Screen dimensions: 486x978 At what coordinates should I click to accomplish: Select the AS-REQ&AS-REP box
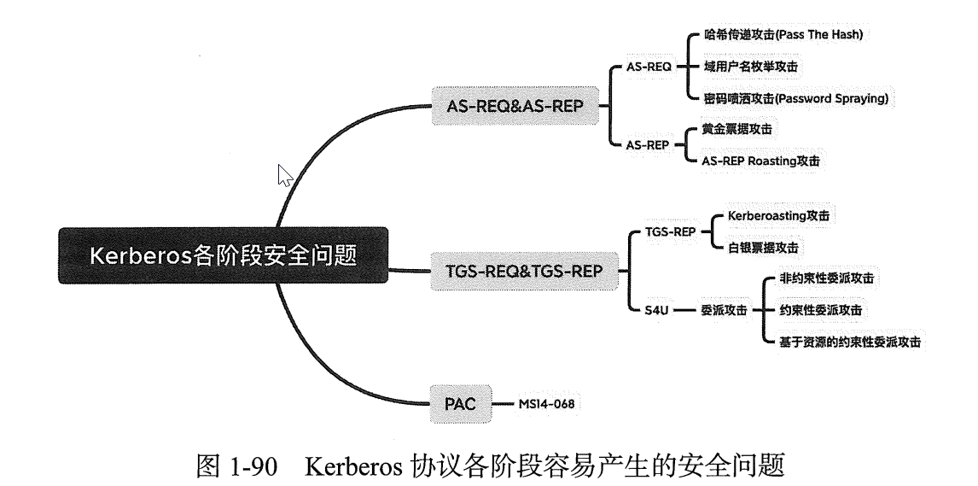point(515,105)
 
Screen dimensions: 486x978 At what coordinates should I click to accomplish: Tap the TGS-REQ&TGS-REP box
point(524,271)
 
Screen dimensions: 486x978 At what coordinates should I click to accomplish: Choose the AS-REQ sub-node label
point(650,65)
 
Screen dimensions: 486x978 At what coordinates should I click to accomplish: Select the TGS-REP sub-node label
point(672,231)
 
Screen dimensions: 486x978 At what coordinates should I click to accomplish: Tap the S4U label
point(655,310)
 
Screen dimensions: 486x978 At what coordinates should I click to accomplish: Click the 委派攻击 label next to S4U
point(724,310)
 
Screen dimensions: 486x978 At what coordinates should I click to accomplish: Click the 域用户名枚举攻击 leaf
point(751,66)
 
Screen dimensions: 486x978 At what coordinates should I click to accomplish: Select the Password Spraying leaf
point(795,98)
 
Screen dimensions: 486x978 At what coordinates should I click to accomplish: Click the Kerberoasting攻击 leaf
point(777,216)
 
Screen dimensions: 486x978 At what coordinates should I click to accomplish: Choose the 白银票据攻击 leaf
point(762,247)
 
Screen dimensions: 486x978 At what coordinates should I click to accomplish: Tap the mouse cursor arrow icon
point(285,175)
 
